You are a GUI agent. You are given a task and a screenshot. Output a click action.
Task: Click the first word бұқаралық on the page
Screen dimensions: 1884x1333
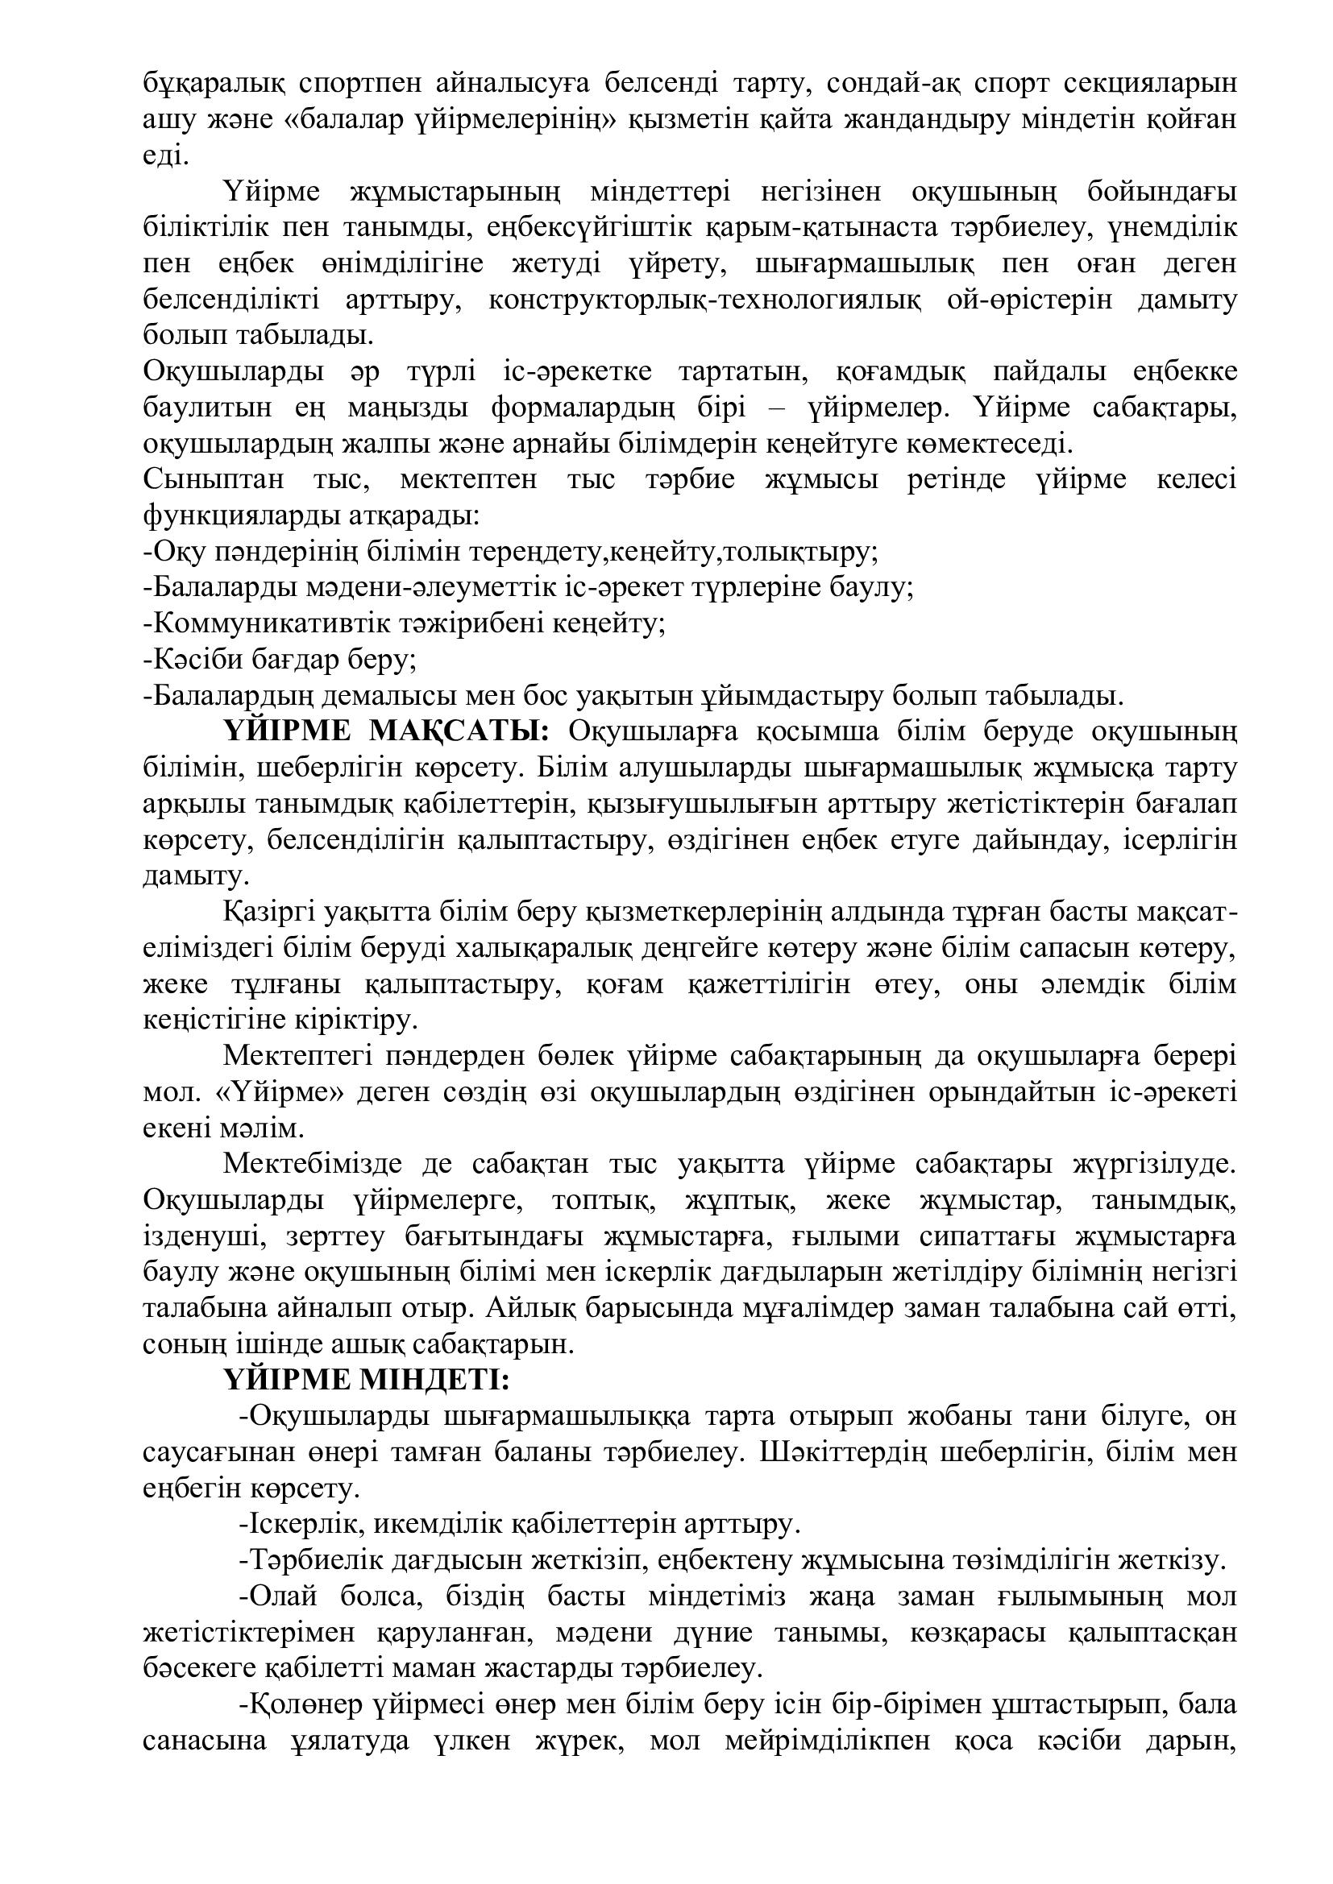(213, 84)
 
